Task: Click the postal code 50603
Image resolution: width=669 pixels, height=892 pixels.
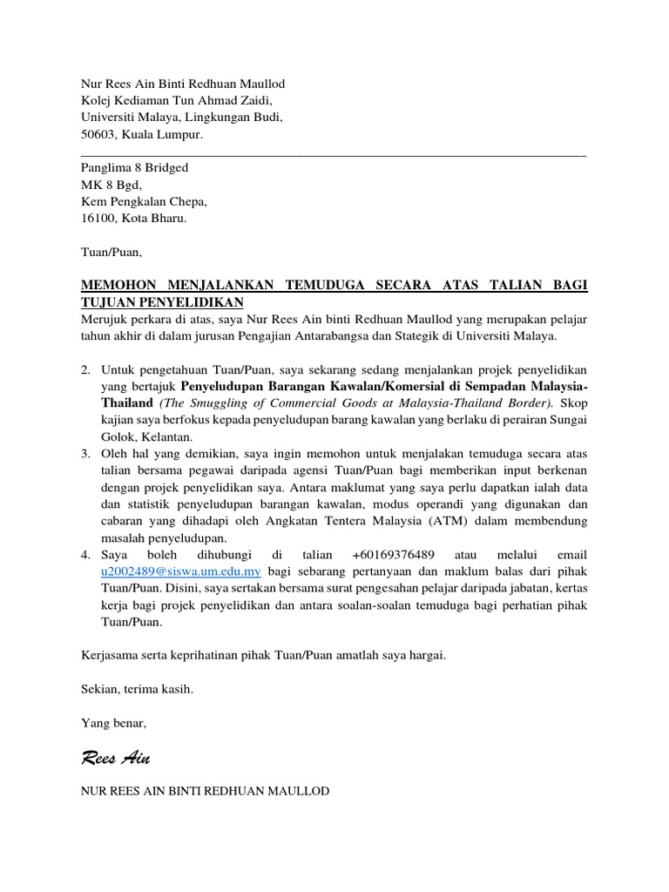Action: coord(98,135)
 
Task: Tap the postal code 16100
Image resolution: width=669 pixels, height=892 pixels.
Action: coord(98,219)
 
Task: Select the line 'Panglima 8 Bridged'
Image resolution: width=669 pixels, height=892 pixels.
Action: coord(134,167)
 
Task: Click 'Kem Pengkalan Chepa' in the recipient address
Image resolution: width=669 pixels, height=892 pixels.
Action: coord(144,201)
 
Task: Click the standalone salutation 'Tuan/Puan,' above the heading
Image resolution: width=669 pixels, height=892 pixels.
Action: coord(111,253)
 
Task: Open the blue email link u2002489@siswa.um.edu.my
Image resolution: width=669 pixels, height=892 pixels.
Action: coord(181,571)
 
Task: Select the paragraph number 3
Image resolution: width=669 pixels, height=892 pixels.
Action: coord(85,454)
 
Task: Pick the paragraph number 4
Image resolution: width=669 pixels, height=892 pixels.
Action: coord(85,555)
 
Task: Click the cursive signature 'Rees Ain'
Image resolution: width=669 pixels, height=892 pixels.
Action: coord(115,758)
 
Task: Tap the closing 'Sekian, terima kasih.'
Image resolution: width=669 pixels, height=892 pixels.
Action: coord(137,689)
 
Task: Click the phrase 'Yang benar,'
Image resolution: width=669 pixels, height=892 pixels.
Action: coord(114,723)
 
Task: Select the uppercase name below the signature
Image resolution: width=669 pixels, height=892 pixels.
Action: coord(205,791)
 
